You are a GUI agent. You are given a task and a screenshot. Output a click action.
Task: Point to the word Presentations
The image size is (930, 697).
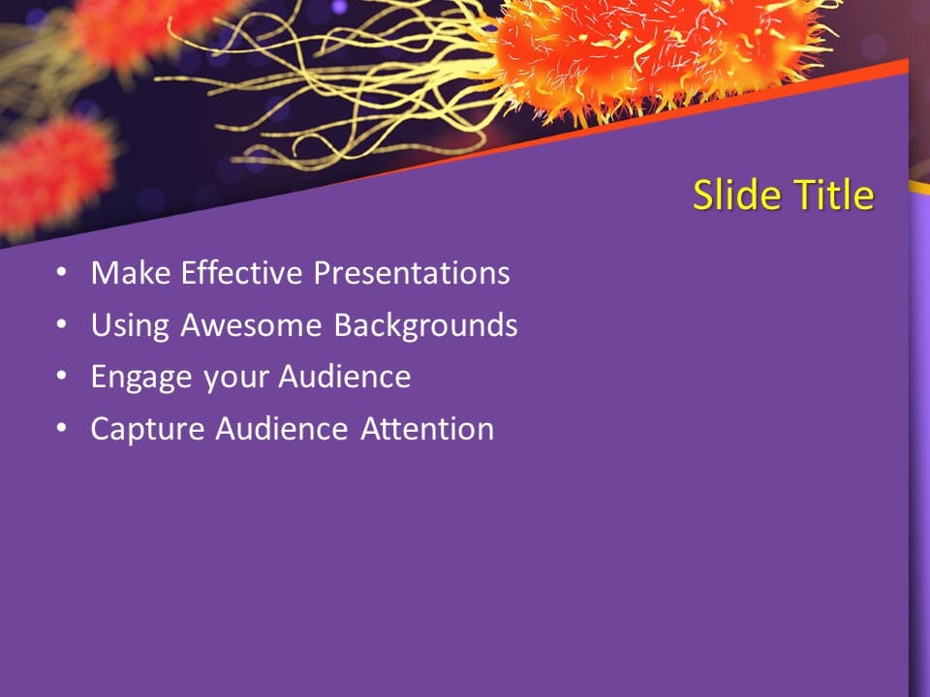[x=412, y=274]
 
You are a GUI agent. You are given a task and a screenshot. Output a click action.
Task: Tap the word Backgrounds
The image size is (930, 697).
[x=426, y=326]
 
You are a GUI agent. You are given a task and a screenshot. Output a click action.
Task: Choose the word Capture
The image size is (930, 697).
[x=147, y=429]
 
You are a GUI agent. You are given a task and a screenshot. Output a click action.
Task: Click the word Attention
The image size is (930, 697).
[x=427, y=429]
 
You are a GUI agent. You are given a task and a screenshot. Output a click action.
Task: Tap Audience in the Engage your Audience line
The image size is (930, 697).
[x=345, y=377]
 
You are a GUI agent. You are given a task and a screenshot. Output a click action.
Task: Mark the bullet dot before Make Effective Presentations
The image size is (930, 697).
[x=62, y=274]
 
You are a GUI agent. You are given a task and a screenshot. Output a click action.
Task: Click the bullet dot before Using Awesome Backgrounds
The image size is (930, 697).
[x=62, y=325]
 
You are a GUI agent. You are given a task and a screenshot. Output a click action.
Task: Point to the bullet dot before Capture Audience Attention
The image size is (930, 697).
[x=62, y=429]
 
